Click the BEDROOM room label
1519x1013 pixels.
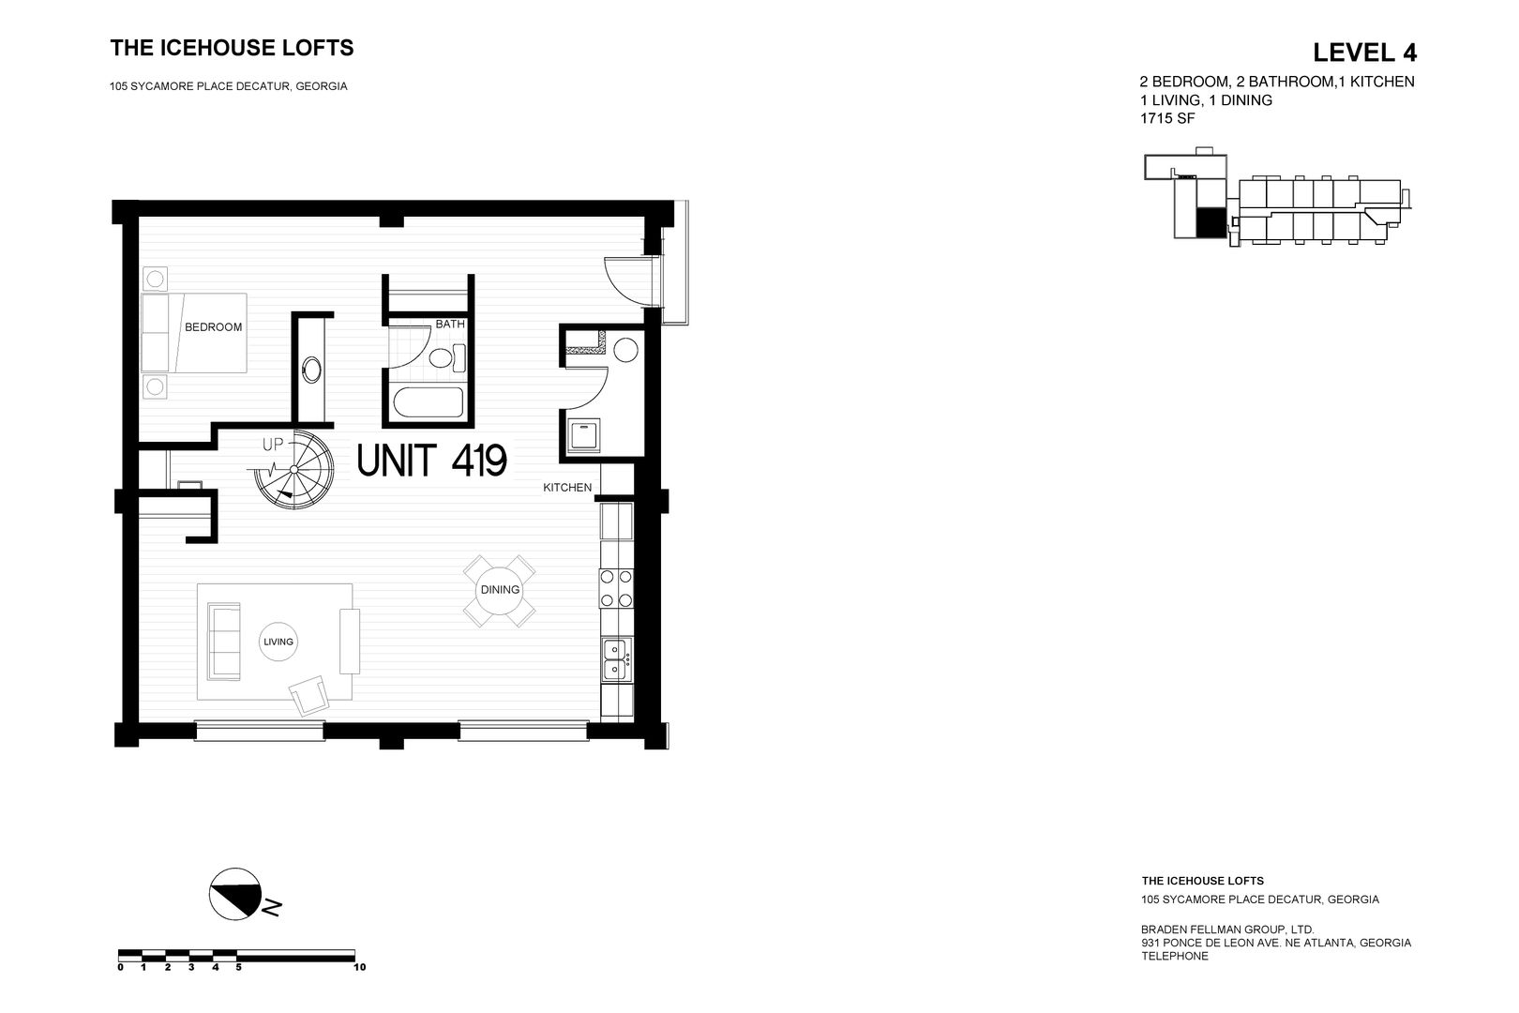[x=213, y=327]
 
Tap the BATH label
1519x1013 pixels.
[x=450, y=325]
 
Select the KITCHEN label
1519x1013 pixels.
[x=567, y=487]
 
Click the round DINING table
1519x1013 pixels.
[x=500, y=590]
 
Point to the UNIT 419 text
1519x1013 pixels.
[x=432, y=460]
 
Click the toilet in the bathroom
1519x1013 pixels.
[x=447, y=356]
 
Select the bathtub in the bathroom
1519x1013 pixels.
[x=429, y=402]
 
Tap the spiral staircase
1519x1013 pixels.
[x=294, y=470]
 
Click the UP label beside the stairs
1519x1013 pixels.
[x=273, y=445]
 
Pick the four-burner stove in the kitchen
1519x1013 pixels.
[x=616, y=588]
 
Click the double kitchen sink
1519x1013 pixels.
[x=616, y=658]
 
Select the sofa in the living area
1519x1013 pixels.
[x=224, y=642]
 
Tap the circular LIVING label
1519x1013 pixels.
[x=278, y=642]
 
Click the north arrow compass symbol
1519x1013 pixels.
[x=235, y=894]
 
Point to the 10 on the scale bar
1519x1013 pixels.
[x=359, y=967]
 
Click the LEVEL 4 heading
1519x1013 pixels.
[x=1364, y=53]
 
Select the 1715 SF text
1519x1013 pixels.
[x=1167, y=118]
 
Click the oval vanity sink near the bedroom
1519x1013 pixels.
[x=312, y=370]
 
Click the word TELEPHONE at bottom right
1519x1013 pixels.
[x=1175, y=956]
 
